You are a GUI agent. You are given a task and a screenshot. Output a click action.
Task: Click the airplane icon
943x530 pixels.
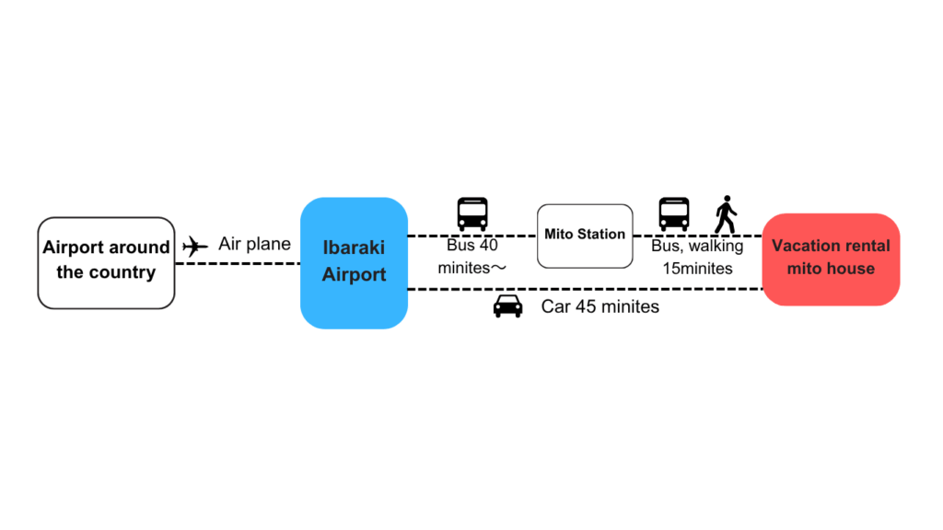(x=195, y=246)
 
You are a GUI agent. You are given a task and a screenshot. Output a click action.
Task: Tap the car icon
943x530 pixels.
(x=507, y=305)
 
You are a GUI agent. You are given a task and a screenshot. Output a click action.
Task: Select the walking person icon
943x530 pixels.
(x=726, y=214)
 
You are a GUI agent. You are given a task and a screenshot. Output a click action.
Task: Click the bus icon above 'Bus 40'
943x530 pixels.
(x=472, y=213)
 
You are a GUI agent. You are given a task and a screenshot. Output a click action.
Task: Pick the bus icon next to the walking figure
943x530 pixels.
(x=673, y=213)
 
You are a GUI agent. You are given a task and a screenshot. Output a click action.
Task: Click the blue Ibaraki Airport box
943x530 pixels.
(x=355, y=263)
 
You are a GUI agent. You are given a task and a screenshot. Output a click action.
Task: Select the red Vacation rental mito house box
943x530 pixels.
(x=831, y=259)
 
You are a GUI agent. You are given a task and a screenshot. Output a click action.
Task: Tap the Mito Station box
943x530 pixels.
(x=585, y=236)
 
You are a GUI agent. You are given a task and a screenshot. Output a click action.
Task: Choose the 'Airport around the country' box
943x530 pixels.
(x=107, y=263)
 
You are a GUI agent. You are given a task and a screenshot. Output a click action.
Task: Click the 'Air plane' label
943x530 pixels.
(x=254, y=244)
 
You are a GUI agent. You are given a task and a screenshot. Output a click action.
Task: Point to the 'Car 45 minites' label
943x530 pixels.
(x=600, y=306)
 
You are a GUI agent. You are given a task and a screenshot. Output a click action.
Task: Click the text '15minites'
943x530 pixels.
(x=698, y=268)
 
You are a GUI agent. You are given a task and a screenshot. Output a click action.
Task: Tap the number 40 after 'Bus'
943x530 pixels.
(x=488, y=245)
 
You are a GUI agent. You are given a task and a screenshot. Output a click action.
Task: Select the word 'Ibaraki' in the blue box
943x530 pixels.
(x=354, y=248)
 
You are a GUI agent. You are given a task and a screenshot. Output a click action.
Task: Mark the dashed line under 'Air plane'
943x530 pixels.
(x=238, y=263)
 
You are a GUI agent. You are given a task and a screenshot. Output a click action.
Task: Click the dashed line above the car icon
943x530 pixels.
(x=585, y=289)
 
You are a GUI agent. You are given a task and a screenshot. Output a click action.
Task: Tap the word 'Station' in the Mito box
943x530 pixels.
(x=601, y=235)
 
